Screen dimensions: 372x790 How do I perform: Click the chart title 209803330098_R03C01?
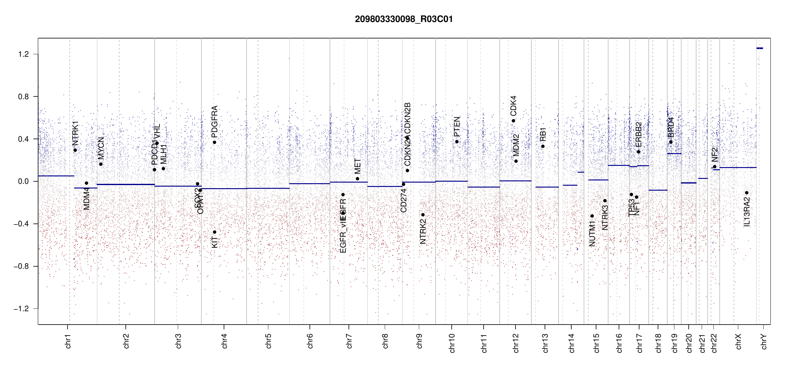(x=404, y=19)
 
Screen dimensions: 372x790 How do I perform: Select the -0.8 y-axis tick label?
(x=21, y=266)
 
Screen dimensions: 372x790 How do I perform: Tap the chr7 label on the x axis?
(x=349, y=341)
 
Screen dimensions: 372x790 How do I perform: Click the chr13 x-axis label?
(x=545, y=343)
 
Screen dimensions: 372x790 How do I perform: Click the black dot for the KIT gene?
(x=214, y=232)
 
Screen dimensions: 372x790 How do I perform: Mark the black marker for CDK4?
(x=513, y=121)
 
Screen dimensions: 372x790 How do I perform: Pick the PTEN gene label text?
(x=457, y=126)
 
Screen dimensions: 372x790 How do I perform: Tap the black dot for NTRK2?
(x=423, y=215)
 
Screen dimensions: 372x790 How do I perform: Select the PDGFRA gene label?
(x=214, y=122)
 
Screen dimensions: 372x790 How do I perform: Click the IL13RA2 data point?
(x=747, y=193)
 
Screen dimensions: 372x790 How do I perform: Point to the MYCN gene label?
(x=101, y=148)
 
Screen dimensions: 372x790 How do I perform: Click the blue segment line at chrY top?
(x=760, y=48)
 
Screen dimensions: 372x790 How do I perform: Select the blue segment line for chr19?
(x=674, y=154)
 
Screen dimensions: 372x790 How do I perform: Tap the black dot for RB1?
(x=543, y=146)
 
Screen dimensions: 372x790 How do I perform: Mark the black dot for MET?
(x=358, y=179)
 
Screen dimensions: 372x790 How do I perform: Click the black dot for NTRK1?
(x=75, y=150)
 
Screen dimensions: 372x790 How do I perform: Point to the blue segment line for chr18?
(x=658, y=190)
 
